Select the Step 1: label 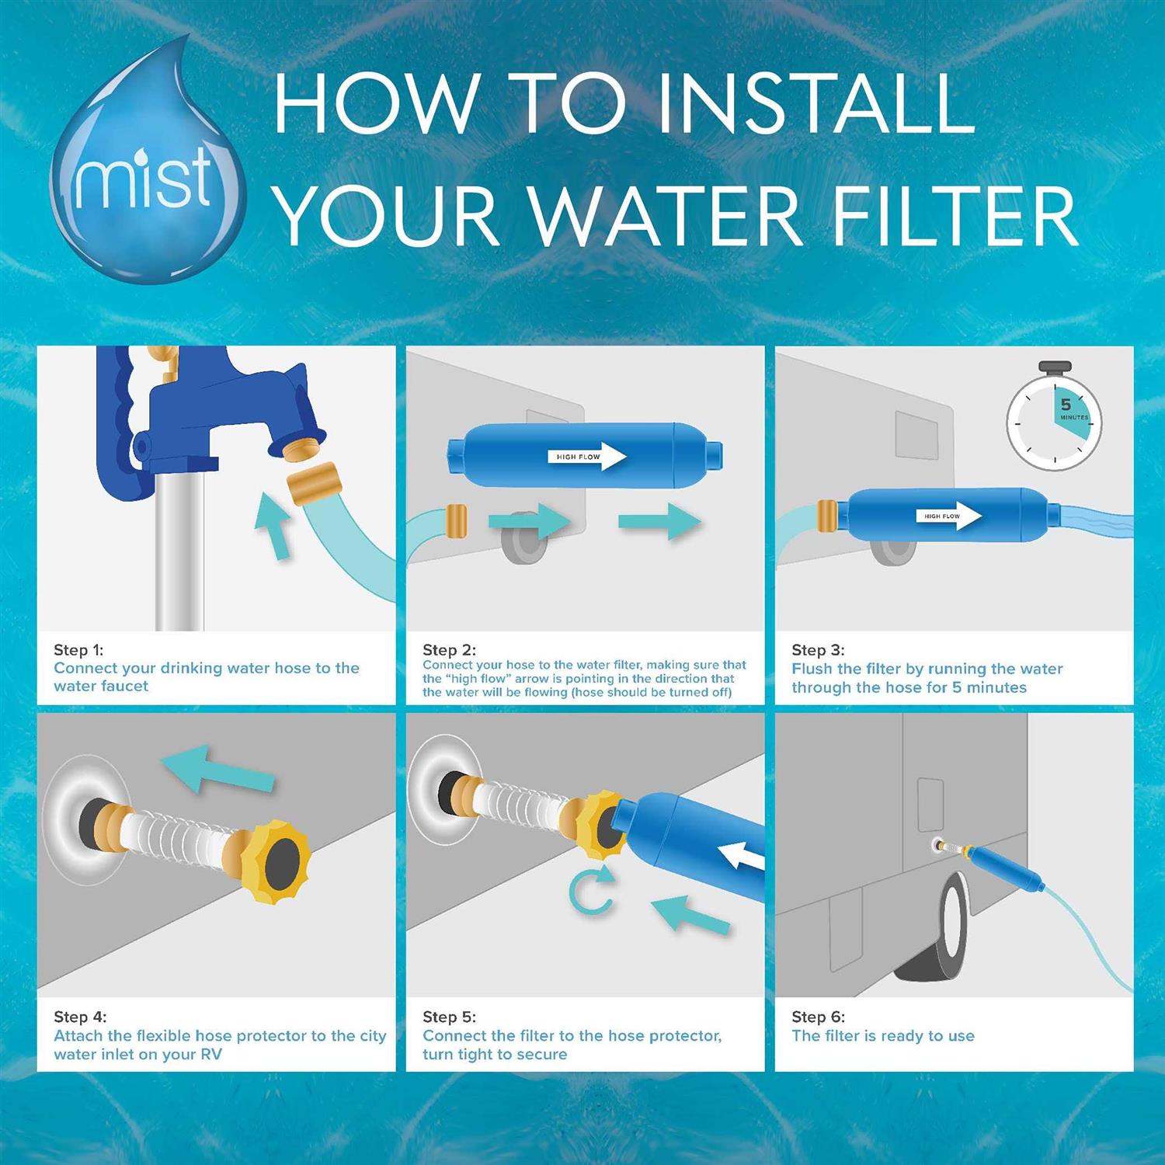point(78,650)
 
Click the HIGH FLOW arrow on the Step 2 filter point(591,457)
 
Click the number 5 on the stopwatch point(1066,405)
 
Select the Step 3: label point(817,650)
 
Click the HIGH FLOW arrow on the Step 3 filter point(951,516)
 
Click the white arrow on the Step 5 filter point(742,859)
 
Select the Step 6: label point(818,1017)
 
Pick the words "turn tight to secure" point(495,1054)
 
